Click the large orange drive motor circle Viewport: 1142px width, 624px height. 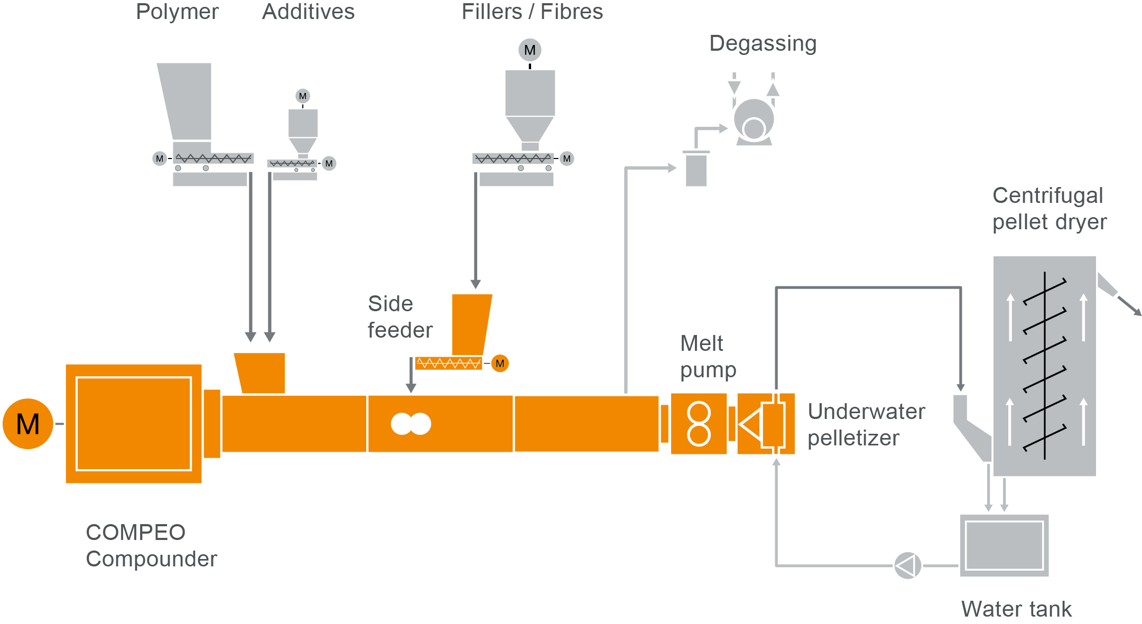coord(28,424)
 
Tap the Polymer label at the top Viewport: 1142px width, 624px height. coord(177,12)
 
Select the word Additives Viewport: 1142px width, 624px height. coord(308,12)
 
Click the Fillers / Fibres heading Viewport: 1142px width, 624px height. coord(532,12)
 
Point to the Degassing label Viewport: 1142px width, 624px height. coord(763,43)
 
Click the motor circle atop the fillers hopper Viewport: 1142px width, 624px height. coord(530,50)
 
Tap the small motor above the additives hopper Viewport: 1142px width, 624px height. coord(302,96)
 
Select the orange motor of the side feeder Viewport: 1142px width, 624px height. coord(500,364)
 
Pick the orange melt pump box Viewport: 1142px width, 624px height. coord(699,424)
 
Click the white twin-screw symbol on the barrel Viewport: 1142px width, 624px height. coord(411,424)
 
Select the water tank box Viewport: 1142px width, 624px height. coord(1004,545)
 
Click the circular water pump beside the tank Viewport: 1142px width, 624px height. coord(907,566)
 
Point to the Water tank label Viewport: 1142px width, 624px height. coord(1016,609)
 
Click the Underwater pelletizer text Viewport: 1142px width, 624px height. coord(866,424)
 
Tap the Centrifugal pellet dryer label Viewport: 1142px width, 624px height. coord(1049,209)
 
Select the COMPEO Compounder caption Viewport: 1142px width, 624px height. coord(151,545)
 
